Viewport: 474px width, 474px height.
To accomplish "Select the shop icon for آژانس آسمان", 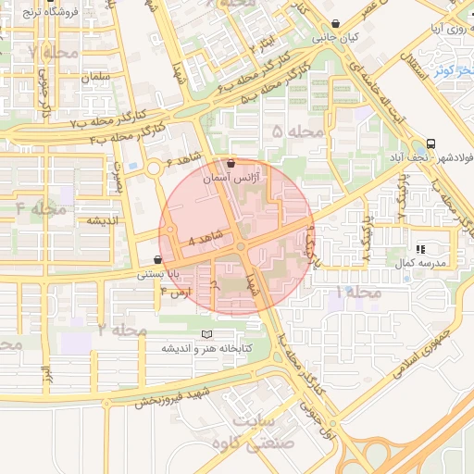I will point(231,162).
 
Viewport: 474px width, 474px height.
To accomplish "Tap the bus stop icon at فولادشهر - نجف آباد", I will point(430,144).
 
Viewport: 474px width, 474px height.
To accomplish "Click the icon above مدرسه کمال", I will point(420,249).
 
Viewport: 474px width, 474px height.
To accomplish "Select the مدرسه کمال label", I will point(422,263).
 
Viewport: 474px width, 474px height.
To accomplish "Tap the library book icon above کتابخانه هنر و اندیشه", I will point(206,334).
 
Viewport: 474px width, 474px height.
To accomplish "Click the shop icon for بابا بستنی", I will point(159,260).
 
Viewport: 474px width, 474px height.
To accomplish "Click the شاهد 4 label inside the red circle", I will point(205,239).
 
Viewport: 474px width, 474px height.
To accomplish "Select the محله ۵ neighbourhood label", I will point(299,132).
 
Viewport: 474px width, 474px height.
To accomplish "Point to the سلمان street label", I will point(95,77).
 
